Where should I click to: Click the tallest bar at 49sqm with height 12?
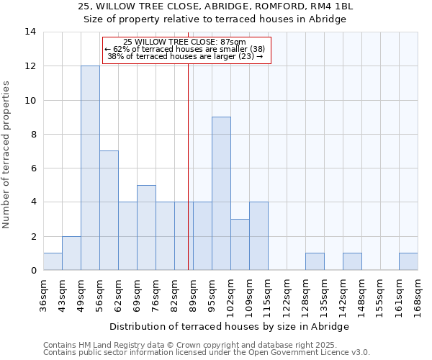90,168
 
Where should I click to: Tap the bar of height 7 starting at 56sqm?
109,210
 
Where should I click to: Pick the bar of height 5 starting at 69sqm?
146,228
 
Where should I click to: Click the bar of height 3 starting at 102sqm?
240,245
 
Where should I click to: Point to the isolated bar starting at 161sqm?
408,262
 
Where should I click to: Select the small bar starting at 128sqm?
315,262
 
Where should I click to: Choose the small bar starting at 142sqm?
352,262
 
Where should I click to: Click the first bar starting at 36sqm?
53,262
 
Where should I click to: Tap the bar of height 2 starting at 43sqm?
71,253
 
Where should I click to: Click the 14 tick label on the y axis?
30,32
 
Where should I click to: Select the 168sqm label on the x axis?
418,295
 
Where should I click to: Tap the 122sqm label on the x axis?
287,295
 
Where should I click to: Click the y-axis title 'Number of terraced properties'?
7,155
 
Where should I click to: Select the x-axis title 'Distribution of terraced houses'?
230,326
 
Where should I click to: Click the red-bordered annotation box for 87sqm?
187,50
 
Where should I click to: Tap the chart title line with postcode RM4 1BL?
215,7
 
